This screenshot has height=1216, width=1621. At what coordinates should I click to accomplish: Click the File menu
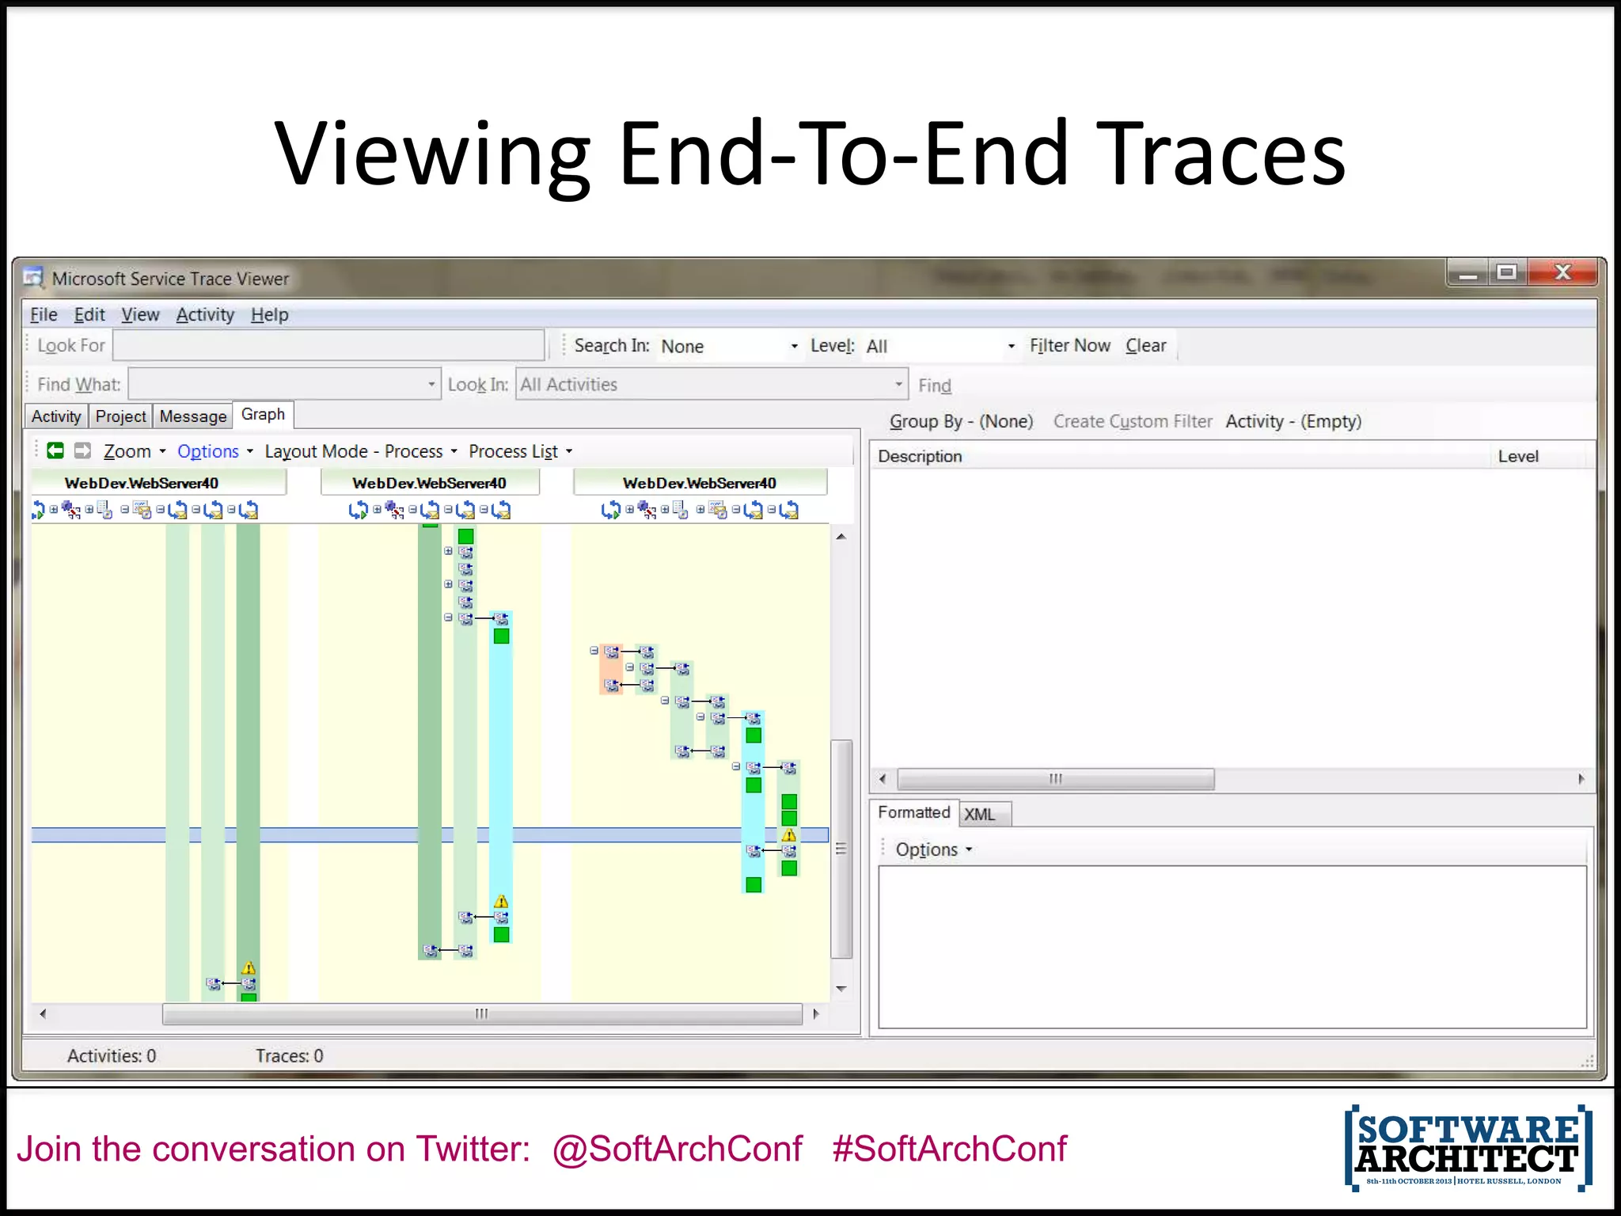(x=44, y=315)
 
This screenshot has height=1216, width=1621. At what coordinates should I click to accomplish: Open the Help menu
(x=269, y=315)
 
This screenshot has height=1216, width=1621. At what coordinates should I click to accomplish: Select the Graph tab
(x=263, y=415)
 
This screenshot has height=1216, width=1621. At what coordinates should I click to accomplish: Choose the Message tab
(x=192, y=416)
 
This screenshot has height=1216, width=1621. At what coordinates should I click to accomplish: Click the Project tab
(x=120, y=416)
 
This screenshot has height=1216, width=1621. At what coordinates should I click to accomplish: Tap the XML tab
(x=980, y=815)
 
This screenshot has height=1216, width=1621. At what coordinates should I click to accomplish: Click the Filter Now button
(x=1069, y=346)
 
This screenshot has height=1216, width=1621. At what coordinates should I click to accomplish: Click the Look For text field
(x=328, y=346)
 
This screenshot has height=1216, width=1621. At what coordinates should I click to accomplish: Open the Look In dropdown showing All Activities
(x=710, y=385)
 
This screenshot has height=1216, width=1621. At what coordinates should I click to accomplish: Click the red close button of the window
(x=1562, y=273)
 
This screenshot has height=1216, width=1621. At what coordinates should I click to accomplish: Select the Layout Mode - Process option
(x=360, y=452)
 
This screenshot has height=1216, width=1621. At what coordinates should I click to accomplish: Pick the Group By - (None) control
(x=961, y=422)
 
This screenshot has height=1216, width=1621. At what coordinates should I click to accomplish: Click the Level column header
(x=1517, y=457)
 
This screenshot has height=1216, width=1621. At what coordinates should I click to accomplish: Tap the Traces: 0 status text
(x=289, y=1056)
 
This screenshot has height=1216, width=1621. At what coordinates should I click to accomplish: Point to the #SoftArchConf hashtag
(x=949, y=1149)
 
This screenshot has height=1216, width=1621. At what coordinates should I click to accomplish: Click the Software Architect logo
(x=1467, y=1148)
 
